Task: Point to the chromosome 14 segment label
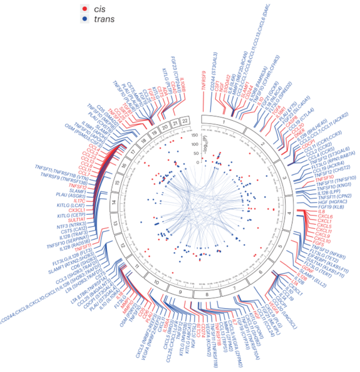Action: click(117, 203)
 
